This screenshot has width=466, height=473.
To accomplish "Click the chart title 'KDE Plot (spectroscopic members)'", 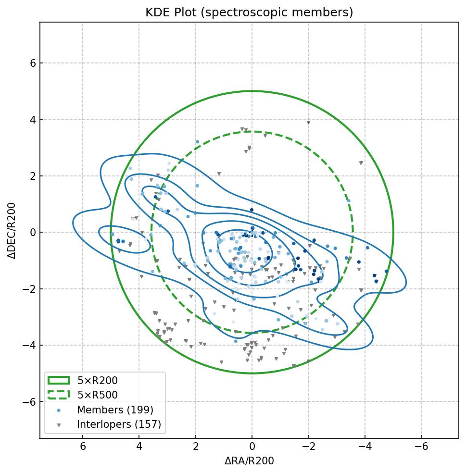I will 249,13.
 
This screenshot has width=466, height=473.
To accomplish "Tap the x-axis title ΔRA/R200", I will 249,461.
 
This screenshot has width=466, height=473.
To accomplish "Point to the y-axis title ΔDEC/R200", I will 13,231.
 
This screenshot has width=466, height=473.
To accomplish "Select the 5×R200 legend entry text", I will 98,381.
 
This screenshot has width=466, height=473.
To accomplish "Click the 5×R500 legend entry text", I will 98,396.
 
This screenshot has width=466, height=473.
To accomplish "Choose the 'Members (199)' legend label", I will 115,410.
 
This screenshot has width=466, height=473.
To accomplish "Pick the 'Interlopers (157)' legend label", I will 119,424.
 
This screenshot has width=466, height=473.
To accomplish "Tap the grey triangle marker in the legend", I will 59,425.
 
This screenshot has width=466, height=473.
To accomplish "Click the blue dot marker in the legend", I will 59,410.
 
